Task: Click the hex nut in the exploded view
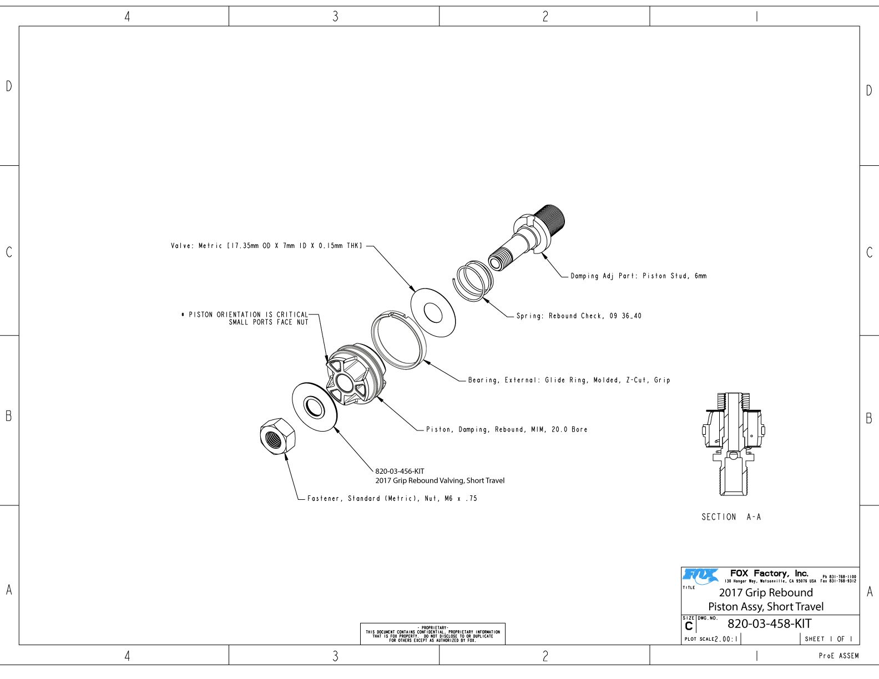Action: click(277, 436)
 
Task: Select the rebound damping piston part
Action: click(354, 376)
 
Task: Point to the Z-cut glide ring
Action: click(398, 339)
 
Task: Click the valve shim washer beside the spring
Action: click(433, 312)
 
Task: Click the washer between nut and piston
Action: click(315, 406)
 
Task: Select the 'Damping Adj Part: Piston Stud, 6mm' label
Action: click(638, 276)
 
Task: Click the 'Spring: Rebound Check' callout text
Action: click(578, 316)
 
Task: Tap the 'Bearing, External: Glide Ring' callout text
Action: click(569, 380)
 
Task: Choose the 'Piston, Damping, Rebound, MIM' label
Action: click(506, 429)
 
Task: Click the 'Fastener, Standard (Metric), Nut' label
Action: click(392, 498)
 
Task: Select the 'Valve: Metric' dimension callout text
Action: click(266, 245)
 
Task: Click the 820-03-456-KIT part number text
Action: click(400, 472)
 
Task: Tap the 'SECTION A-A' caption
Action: click(731, 517)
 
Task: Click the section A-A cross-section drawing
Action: click(733, 444)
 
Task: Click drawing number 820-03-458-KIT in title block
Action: click(769, 624)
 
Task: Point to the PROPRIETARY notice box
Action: click(432, 634)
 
